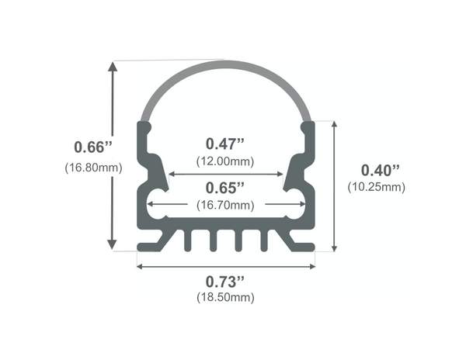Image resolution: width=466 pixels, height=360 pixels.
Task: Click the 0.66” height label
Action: pos(93,147)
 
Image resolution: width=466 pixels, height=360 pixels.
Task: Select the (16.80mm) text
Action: pos(93,167)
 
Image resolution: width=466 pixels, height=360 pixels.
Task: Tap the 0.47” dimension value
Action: pos(225,144)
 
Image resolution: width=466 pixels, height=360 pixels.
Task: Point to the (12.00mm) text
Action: pos(225,161)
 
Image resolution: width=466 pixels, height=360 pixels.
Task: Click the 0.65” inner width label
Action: pos(225,188)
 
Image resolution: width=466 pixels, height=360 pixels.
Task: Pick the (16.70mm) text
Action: pos(225,206)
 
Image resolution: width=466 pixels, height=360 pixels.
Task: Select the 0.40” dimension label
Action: pos(381,169)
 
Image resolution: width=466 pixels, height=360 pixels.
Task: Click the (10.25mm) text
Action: pos(377,187)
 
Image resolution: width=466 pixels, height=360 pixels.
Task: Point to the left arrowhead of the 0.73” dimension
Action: pos(141,266)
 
